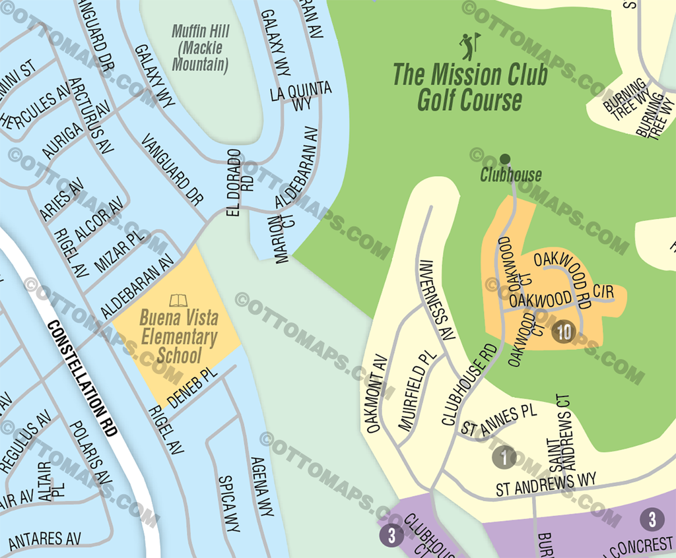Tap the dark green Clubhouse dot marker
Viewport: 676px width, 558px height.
pyautogui.click(x=505, y=158)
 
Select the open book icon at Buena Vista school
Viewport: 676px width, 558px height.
pyautogui.click(x=178, y=301)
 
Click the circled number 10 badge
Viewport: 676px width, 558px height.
pyautogui.click(x=564, y=332)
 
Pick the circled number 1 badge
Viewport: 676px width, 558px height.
pyautogui.click(x=505, y=456)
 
